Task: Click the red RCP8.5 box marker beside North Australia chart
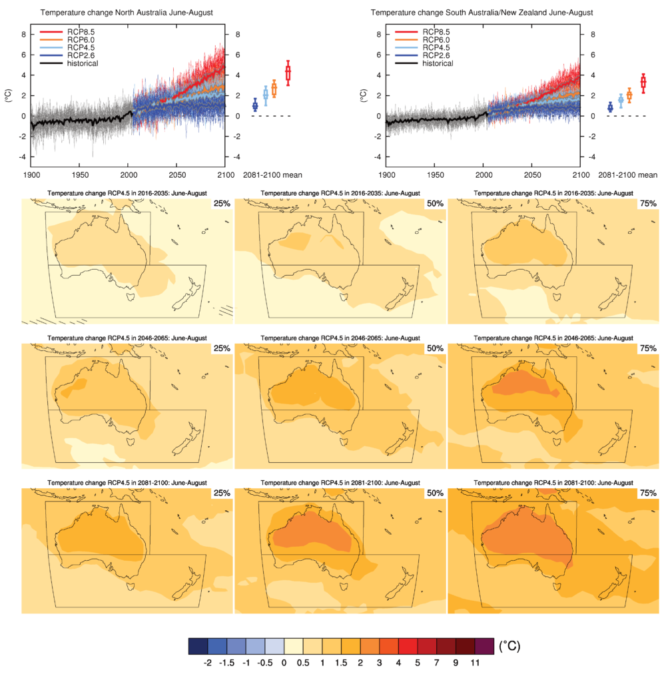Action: pyautogui.click(x=288, y=73)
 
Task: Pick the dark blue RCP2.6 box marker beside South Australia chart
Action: pyautogui.click(x=610, y=107)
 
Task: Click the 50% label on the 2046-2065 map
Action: pyautogui.click(x=435, y=348)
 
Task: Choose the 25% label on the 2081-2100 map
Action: pyautogui.click(x=222, y=493)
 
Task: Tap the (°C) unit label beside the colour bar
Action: pyautogui.click(x=510, y=646)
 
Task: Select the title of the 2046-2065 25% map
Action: pyautogui.click(x=127, y=338)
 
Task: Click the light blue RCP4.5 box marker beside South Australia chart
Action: pyautogui.click(x=621, y=101)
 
